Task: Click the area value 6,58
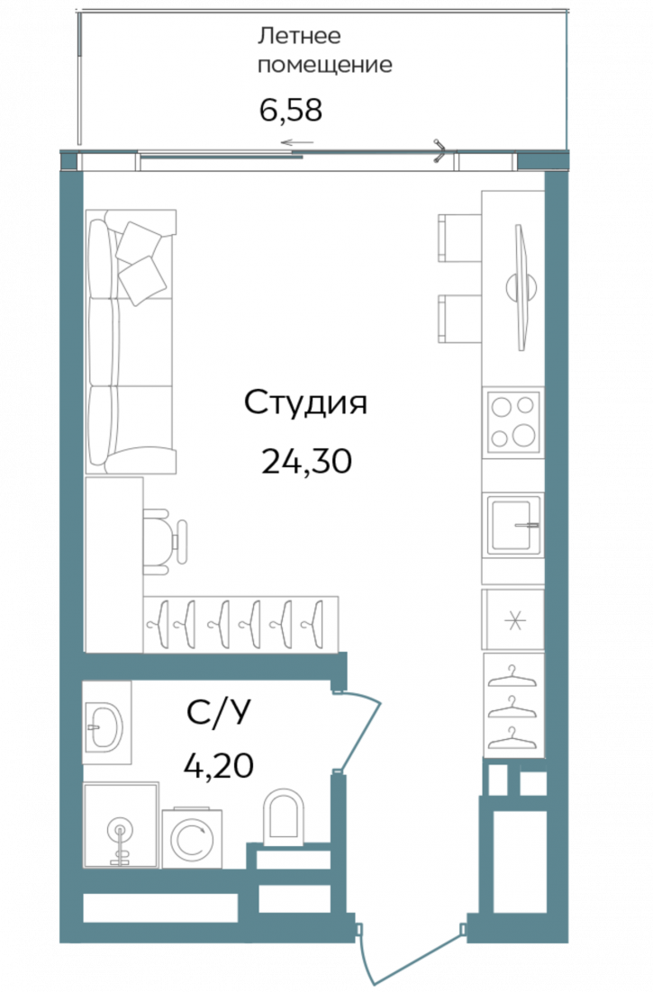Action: click(289, 111)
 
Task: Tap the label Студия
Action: click(306, 402)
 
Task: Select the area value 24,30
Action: click(305, 461)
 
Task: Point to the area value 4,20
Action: click(217, 766)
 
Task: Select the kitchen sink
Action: click(513, 525)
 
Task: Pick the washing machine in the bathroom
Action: click(191, 838)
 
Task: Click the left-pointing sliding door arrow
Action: click(296, 143)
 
